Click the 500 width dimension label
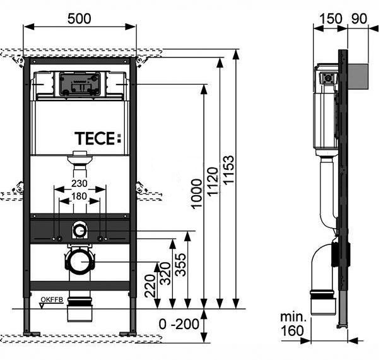79,19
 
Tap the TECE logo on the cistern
98,138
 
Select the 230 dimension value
79,183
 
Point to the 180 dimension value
79,196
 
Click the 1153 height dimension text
228,169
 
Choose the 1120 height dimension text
213,182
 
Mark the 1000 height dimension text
197,194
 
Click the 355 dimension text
180,265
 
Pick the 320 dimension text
165,273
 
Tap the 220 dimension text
150,285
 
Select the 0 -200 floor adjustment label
179,324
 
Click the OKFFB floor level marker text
52,300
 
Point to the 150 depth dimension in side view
331,19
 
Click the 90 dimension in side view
358,19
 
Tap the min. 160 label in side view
293,325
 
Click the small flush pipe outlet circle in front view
79,231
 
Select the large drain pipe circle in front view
79,261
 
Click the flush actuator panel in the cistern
79,84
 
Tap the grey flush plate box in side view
358,76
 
